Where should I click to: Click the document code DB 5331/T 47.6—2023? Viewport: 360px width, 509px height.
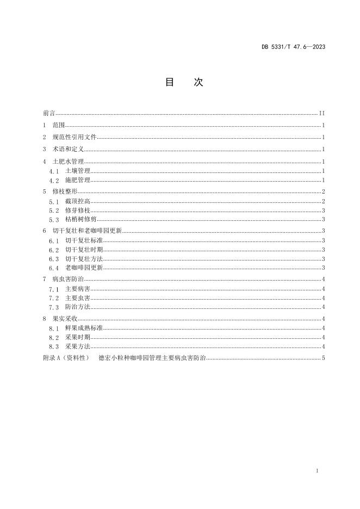click(x=293, y=47)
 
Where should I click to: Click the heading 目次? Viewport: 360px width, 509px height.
click(x=184, y=82)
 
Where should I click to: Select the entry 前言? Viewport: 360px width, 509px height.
click(x=48, y=114)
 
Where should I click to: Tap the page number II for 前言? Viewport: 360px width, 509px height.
click(x=322, y=114)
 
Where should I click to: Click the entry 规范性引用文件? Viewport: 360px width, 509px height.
click(x=75, y=138)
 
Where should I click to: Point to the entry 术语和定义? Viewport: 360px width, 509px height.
click(x=68, y=149)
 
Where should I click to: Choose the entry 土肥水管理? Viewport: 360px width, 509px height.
click(x=68, y=162)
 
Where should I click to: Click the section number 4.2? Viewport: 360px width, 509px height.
click(x=54, y=180)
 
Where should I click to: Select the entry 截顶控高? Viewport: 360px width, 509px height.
click(x=78, y=201)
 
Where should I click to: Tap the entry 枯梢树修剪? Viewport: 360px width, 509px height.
click(x=81, y=220)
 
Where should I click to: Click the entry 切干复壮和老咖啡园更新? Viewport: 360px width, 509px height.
click(x=88, y=231)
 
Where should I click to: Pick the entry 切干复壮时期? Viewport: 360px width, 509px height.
click(x=84, y=250)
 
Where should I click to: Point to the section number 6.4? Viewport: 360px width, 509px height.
click(x=54, y=268)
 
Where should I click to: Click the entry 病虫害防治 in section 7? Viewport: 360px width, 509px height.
click(x=68, y=279)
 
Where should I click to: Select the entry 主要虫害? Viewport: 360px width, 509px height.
click(x=78, y=298)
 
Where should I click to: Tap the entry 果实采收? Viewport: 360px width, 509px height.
click(x=65, y=319)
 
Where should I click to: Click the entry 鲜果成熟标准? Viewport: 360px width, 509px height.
click(x=84, y=328)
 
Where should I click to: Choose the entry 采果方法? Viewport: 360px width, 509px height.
click(x=78, y=346)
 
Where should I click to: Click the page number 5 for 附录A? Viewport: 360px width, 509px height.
click(x=323, y=358)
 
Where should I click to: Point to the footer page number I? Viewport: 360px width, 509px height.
click(x=316, y=470)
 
